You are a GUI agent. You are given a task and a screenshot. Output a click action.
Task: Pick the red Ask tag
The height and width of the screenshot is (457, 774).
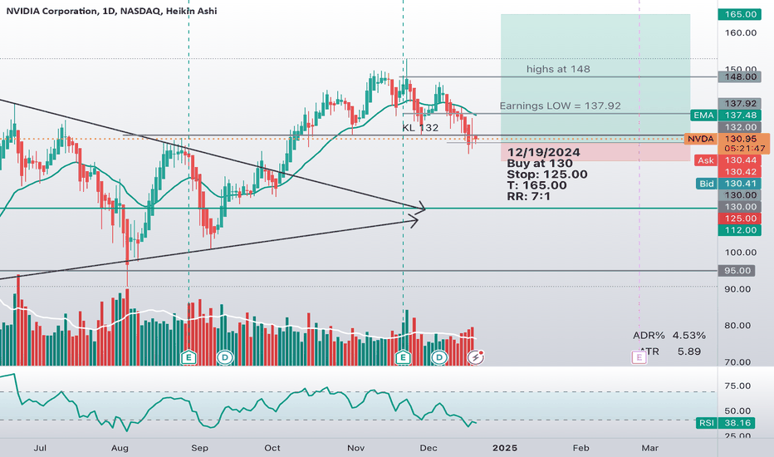705,160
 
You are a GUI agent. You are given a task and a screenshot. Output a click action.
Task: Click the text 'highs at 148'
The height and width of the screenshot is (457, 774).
558,69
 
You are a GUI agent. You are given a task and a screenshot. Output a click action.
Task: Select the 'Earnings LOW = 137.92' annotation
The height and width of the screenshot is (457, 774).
561,106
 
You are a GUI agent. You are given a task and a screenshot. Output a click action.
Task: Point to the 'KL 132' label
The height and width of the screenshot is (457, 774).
420,128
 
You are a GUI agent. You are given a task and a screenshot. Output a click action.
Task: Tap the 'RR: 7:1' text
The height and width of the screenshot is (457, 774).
529,196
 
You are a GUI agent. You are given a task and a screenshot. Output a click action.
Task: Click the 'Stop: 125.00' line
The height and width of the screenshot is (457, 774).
546,174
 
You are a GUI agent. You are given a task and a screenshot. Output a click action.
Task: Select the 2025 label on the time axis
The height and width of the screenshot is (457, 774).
504,447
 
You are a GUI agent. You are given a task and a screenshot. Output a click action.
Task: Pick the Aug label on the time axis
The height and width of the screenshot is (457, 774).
120,447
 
